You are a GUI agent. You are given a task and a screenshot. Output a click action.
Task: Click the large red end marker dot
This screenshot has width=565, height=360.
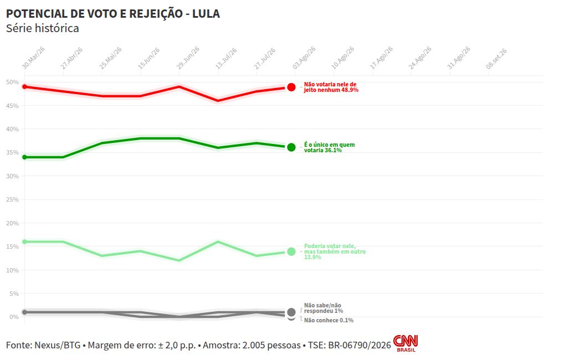coord(291,87)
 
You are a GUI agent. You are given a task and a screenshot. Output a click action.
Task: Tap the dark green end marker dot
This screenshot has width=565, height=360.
coord(291,147)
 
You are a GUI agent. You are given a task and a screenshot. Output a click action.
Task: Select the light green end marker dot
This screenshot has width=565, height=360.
coord(291,251)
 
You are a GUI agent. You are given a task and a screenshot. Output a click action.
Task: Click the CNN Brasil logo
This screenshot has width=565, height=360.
coord(405,343)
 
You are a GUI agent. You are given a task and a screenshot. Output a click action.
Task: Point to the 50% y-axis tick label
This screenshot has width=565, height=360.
coord(12,82)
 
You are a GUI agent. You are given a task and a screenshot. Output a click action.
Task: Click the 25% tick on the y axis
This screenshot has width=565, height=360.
coord(12,199)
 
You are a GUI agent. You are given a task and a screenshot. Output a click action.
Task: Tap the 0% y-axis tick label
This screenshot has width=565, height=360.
coord(14,317)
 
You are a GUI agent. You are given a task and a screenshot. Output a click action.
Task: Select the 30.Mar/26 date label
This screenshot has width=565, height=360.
coord(33,58)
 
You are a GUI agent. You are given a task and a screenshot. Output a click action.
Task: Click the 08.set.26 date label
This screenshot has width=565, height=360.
coord(496,58)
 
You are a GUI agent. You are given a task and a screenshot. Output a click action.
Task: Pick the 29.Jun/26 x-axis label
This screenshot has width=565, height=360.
coord(188,58)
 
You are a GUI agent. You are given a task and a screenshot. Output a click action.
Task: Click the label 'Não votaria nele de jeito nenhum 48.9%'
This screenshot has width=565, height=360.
coord(331,87)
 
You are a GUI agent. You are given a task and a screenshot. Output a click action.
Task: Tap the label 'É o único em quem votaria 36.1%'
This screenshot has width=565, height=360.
coord(330,147)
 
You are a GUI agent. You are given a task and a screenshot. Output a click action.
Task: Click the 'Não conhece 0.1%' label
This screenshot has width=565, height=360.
coord(328,320)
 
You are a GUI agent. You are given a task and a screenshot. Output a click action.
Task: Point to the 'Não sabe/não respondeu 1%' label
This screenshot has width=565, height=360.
coord(323,308)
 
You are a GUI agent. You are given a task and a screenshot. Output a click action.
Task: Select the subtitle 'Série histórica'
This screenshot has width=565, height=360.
coord(43,28)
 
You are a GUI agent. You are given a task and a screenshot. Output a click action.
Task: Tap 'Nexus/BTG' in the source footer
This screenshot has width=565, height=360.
coord(57,345)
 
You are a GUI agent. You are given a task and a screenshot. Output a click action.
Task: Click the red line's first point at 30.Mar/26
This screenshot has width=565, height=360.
coord(24,87)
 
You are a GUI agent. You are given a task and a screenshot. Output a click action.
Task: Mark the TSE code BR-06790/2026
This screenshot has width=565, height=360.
coord(359,345)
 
